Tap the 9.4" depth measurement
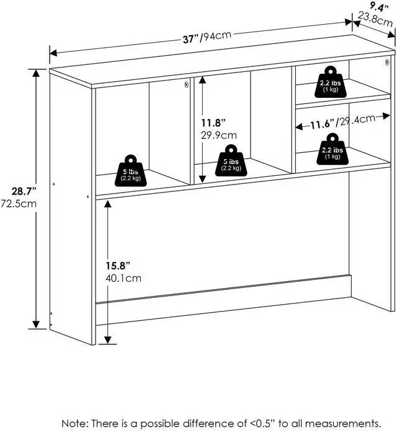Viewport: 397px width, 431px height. [374, 7]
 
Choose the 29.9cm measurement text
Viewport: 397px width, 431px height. [217, 135]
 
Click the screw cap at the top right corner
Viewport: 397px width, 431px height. [386, 62]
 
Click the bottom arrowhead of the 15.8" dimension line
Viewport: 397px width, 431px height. [109, 339]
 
